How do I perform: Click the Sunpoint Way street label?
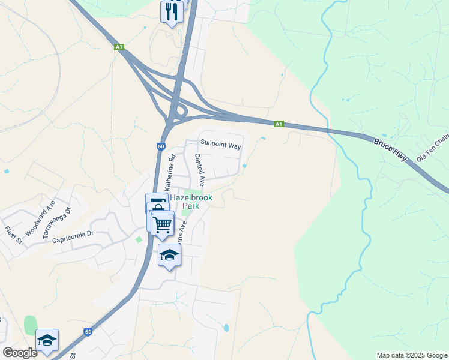[x=220, y=145]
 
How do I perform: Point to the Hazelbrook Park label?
[x=187, y=201]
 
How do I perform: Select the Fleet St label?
[x=13, y=235]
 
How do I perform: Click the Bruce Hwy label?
[x=390, y=150]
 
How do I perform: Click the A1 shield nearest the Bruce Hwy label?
[x=279, y=124]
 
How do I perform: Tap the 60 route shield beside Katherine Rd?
[x=161, y=146]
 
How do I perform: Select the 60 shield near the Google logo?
[x=88, y=332]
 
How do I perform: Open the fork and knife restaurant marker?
[x=172, y=11]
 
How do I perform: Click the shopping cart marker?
[x=163, y=224]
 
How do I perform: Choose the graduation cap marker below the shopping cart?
[x=169, y=256]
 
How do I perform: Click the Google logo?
[x=19, y=353]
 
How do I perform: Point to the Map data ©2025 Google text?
[x=412, y=355]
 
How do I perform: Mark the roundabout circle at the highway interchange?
[x=179, y=111]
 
